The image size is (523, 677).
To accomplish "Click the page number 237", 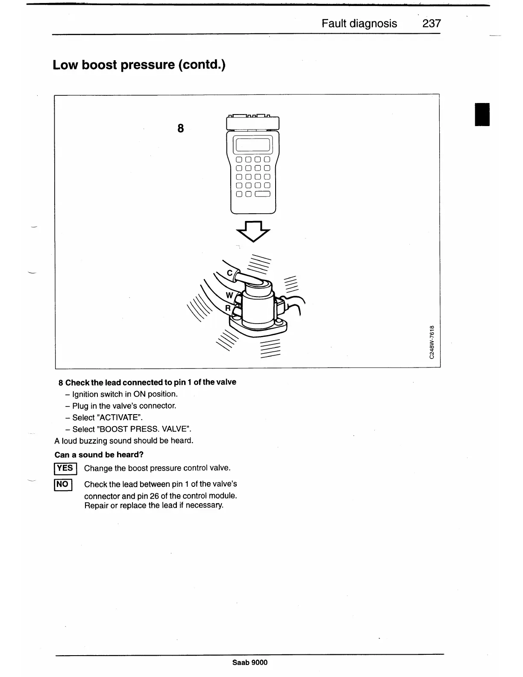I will pos(431,24).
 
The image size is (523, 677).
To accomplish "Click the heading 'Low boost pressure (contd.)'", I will pos(139,65).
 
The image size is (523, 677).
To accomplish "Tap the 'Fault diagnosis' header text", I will pos(359,24).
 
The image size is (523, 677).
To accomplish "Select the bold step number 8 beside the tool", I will pos(181,128).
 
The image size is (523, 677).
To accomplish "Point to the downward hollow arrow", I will pos(253,231).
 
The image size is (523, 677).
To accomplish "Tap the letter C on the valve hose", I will pos(229,273).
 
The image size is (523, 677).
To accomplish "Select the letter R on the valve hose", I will pos(228,308).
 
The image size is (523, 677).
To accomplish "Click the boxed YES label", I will pos(65,468).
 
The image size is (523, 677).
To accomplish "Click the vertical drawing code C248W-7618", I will pos(432,342).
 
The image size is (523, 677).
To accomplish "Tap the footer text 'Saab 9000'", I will pos(250,662).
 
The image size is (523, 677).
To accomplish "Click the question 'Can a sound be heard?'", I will pos(99,455).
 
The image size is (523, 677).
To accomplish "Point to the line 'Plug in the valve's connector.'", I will pos(124,406).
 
